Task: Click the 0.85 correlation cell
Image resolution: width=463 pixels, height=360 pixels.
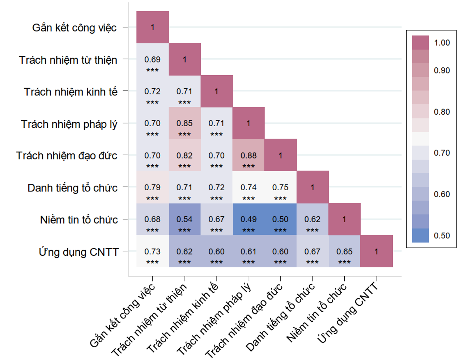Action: (185, 123)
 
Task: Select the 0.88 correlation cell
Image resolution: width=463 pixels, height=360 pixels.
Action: (249, 155)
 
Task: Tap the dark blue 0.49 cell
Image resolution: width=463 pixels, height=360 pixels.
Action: (249, 219)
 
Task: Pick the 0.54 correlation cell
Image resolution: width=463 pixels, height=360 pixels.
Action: (185, 219)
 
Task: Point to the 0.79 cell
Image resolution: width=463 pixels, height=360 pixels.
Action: (153, 187)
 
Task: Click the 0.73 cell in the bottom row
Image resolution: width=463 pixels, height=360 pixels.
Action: (153, 251)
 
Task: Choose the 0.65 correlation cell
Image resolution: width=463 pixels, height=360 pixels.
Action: (344, 251)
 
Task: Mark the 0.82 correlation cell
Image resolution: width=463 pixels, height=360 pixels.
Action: (185, 155)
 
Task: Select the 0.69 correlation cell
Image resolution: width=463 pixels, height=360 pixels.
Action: (153, 59)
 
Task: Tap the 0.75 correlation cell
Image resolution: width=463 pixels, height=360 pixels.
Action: (280, 187)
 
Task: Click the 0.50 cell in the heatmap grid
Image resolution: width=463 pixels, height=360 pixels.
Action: (280, 219)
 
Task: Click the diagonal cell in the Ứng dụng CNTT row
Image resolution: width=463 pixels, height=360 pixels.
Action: (377, 251)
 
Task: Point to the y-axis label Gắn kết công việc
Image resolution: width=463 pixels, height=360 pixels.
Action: (75, 28)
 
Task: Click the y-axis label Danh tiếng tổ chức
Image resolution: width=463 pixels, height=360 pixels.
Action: (72, 188)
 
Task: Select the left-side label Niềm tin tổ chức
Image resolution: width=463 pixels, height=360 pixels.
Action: (79, 220)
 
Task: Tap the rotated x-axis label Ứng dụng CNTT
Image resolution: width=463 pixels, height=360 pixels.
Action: (348, 313)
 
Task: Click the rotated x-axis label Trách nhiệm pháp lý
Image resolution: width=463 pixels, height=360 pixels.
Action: (214, 320)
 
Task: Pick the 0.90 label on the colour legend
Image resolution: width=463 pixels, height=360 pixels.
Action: (442, 71)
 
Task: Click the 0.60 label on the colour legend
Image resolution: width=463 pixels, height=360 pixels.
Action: (442, 194)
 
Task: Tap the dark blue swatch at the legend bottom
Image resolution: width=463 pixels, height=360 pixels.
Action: (420, 236)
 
